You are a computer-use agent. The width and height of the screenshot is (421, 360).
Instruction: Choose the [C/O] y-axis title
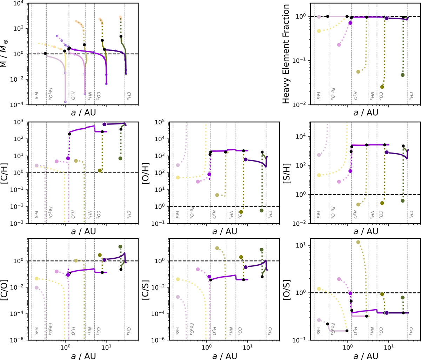pos(8,289)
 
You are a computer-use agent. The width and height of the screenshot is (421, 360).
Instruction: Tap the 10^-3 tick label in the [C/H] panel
pos(18,223)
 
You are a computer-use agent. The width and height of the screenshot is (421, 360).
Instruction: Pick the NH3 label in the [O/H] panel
pos(230,214)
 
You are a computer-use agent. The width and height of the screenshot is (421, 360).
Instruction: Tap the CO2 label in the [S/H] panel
pos(381,214)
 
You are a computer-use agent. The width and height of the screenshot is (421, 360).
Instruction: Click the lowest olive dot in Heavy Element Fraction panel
pos(382,87)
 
